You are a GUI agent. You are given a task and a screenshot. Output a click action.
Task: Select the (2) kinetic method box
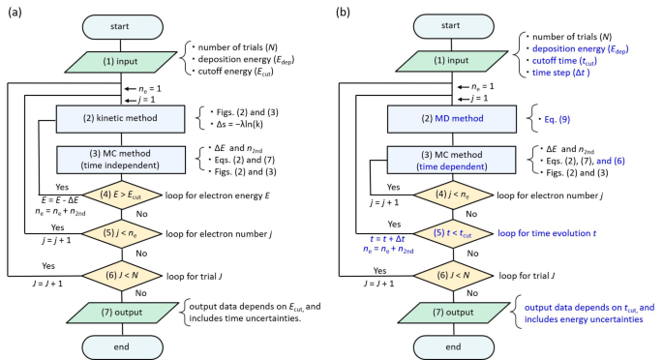(114, 119)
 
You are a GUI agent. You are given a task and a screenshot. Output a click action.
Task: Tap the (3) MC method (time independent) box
(114, 159)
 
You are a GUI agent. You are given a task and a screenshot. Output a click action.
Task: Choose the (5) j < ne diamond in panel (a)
(114, 233)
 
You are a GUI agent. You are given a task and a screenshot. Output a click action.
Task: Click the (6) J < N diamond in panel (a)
(114, 275)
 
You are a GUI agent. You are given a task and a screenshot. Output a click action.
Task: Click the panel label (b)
(342, 13)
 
